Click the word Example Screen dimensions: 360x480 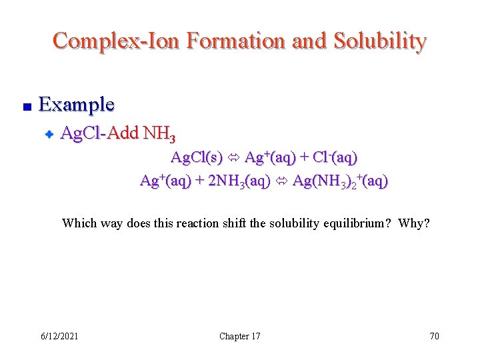(77, 105)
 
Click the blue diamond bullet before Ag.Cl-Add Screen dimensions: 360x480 (49, 135)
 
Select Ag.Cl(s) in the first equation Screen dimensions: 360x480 (197, 158)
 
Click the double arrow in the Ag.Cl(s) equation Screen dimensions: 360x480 (234, 159)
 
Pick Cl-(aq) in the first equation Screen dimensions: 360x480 (337, 158)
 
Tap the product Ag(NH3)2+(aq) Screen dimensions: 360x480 (340, 181)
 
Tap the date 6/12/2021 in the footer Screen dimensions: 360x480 (59, 336)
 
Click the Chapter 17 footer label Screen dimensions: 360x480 (240, 336)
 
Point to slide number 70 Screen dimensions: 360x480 (434, 336)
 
